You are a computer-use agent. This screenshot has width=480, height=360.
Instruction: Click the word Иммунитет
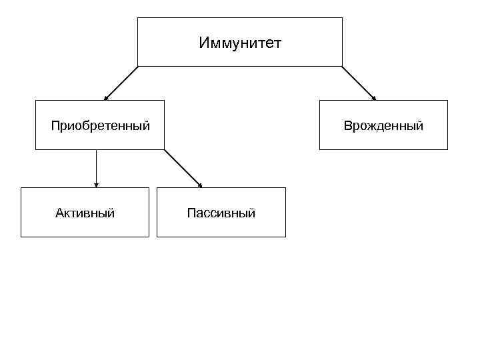pyautogui.click(x=240, y=43)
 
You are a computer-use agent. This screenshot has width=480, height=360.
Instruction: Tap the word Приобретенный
pyautogui.click(x=100, y=125)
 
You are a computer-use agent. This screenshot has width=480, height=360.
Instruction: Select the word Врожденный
pyautogui.click(x=383, y=126)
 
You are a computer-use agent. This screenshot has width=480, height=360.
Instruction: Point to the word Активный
pyautogui.click(x=85, y=213)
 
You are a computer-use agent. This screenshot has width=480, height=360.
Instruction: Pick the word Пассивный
pyautogui.click(x=221, y=213)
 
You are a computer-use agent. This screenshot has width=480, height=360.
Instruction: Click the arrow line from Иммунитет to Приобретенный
pyautogui.click(x=121, y=83)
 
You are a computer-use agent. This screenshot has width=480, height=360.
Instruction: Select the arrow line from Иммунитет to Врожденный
pyautogui.click(x=359, y=83)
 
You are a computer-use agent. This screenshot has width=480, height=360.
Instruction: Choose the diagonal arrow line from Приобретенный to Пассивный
pyautogui.click(x=182, y=167)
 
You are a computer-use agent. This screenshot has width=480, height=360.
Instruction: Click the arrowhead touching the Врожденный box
pyautogui.click(x=374, y=98)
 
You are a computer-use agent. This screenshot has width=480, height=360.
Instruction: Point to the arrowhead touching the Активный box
pyautogui.click(x=97, y=185)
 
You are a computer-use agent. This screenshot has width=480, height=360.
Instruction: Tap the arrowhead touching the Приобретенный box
pyautogui.click(x=105, y=98)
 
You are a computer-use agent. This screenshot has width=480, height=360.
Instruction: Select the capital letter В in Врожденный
pyautogui.click(x=347, y=126)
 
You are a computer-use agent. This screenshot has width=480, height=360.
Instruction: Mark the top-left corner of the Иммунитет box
pyautogui.click(x=138, y=18)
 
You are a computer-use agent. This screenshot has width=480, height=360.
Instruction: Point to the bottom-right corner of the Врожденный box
pyautogui.click(x=447, y=149)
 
